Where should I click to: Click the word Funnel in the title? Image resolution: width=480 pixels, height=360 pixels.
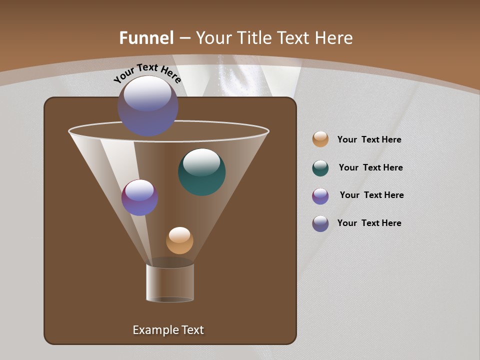[x=146, y=38]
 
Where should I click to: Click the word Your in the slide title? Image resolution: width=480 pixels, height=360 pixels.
[x=213, y=38]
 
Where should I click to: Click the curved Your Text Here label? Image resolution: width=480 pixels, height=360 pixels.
[x=147, y=74]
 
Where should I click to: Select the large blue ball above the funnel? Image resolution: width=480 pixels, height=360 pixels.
[x=148, y=106]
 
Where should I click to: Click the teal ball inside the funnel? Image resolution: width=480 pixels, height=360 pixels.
[x=201, y=171]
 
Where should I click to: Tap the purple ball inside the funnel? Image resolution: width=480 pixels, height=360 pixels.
[x=140, y=197]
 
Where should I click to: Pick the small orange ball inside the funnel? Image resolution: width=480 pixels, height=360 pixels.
[x=179, y=240]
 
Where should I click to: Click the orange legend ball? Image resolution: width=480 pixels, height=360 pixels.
[x=320, y=139]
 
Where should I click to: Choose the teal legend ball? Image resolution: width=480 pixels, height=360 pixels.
[x=320, y=168]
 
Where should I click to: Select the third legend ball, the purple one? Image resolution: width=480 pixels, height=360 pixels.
[x=320, y=196]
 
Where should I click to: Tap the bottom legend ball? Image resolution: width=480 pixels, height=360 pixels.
[x=320, y=223]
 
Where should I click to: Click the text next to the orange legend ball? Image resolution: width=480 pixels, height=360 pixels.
[x=369, y=140]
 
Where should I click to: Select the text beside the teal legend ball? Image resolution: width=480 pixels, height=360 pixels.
[x=370, y=167]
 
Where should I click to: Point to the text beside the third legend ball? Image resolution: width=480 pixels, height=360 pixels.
[x=371, y=195]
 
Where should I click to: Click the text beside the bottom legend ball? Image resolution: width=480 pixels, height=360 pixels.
[x=369, y=223]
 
